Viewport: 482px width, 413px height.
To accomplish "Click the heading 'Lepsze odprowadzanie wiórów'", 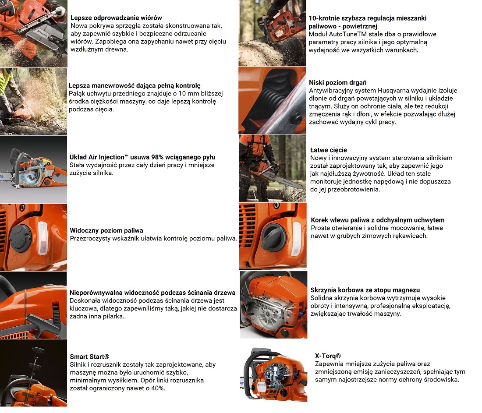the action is (116, 18).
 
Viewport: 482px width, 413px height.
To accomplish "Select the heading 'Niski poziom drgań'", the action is (337, 83).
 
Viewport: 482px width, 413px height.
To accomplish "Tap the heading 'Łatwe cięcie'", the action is (328, 150).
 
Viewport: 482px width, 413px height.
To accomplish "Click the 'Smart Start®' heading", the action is (89, 357).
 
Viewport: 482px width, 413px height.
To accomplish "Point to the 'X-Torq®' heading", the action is (328, 356).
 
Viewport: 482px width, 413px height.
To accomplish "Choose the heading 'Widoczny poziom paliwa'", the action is (106, 230).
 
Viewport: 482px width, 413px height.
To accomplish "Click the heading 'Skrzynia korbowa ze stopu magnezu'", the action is (365, 290).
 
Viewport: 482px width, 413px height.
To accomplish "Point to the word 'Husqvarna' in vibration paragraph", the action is (394, 90).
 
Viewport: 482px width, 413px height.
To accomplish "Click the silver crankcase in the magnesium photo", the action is (267, 311).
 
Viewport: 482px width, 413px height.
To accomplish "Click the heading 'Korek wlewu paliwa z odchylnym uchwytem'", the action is (377, 220).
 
